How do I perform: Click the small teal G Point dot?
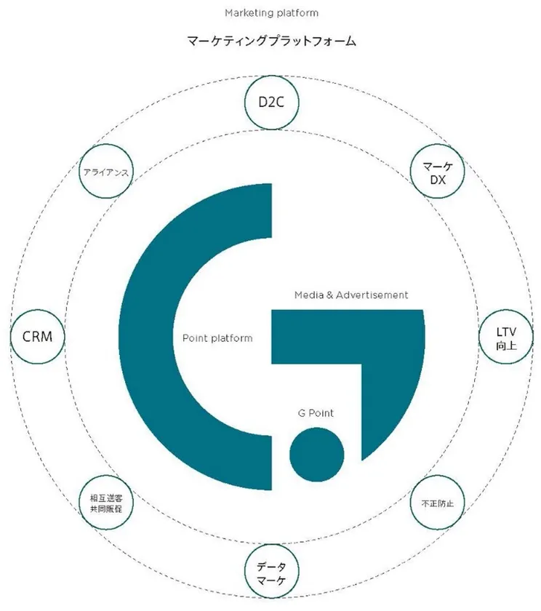click(316, 455)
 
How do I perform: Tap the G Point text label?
click(316, 413)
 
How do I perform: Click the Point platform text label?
click(217, 338)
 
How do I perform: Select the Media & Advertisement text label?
click(351, 295)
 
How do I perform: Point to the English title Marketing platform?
click(271, 13)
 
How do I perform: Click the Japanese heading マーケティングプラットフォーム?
click(271, 41)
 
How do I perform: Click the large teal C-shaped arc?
click(146, 337)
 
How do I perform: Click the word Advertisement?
click(372, 295)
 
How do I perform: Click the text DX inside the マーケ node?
click(438, 180)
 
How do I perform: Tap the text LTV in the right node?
click(506, 332)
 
